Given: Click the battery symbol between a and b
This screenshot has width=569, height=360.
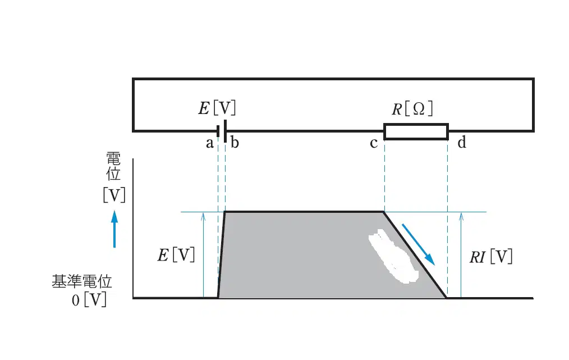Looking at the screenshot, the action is (x=222, y=131).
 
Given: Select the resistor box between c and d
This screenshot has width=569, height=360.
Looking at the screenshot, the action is (x=416, y=131).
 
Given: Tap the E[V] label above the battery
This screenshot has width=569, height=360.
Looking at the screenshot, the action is (x=217, y=108).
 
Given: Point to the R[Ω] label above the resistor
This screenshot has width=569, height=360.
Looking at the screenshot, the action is (x=412, y=108).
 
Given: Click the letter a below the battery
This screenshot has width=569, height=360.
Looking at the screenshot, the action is (x=209, y=143).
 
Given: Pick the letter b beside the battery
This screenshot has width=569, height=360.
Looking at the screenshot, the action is (x=235, y=142).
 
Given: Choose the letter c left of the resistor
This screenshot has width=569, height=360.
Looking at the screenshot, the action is (x=373, y=143).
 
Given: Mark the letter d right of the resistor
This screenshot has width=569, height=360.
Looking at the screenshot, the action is (x=462, y=142).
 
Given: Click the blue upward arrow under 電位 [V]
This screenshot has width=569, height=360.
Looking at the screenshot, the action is (x=114, y=229).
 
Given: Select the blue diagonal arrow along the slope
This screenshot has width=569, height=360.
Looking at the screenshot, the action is (x=418, y=244).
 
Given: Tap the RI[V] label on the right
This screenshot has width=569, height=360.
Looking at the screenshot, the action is (x=491, y=257).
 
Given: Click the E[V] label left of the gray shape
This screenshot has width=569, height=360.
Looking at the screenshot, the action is (x=176, y=254).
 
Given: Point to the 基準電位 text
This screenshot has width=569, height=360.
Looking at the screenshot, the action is (x=82, y=281).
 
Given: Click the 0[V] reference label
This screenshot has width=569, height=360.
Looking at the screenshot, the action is (x=89, y=300).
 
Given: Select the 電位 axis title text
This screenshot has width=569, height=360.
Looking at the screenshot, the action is (x=113, y=166).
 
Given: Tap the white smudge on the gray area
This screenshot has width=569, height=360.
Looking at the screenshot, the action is (x=393, y=256).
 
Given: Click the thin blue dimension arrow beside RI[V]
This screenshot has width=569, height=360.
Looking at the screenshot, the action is (x=461, y=256).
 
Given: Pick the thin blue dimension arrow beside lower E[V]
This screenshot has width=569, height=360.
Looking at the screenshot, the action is (x=203, y=256).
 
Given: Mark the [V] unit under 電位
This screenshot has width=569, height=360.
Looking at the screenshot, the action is (x=114, y=195).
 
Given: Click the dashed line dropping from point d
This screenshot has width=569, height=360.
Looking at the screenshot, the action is (x=447, y=217).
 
